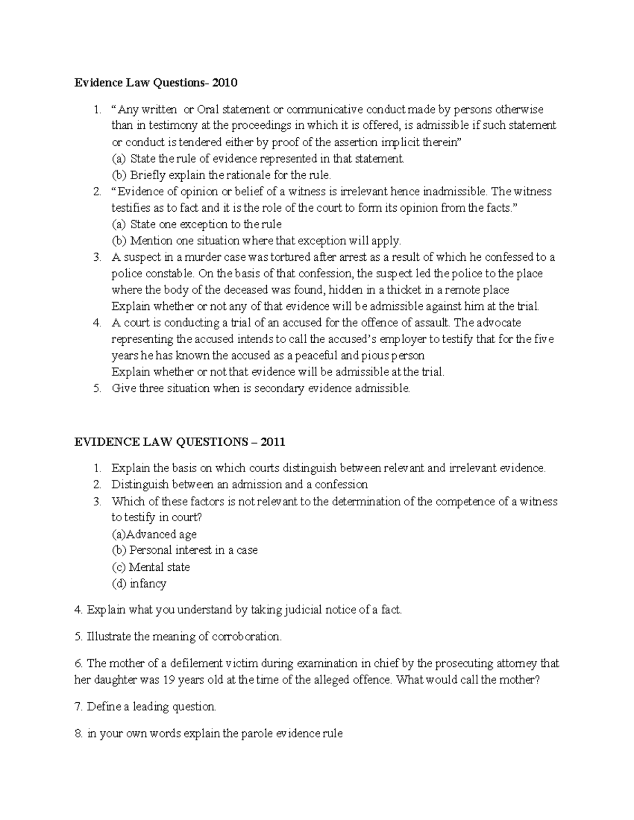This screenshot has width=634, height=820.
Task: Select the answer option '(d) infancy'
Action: (139, 583)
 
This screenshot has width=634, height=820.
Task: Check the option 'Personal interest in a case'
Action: (193, 550)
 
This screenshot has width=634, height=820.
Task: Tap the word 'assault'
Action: (432, 323)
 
